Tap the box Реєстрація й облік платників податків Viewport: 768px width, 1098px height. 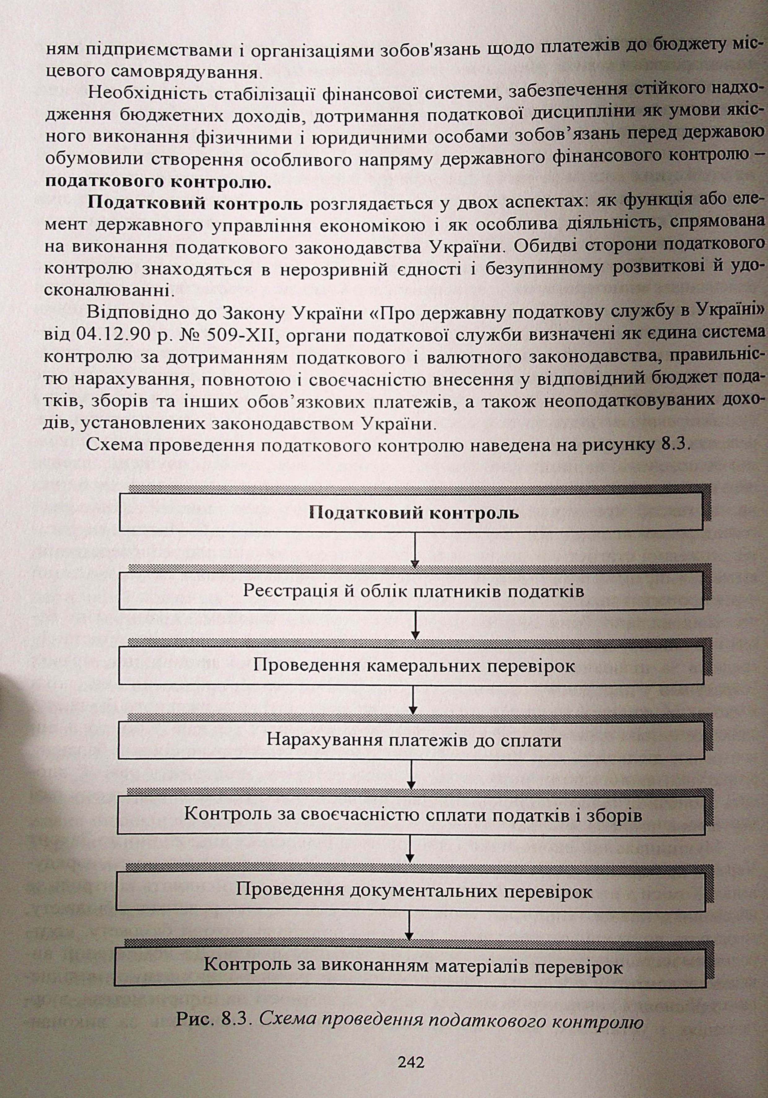coord(411,592)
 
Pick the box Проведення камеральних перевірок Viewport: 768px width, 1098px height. coord(411,666)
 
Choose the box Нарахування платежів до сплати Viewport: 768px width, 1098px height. coord(411,740)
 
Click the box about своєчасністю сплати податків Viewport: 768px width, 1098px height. coord(411,814)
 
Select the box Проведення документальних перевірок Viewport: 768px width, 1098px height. coord(411,890)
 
